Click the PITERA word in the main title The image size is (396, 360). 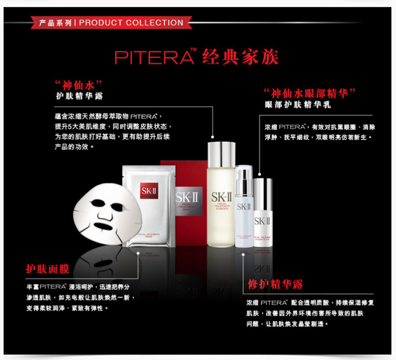153,57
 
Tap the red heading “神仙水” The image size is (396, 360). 78,85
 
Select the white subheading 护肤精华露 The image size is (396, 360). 80,96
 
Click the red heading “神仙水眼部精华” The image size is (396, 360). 309,94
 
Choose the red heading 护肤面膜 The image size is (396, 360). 48,269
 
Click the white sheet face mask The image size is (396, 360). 100,214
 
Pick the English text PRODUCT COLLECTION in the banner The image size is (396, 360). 131,23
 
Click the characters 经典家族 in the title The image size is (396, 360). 241,57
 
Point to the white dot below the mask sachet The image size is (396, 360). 138,253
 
